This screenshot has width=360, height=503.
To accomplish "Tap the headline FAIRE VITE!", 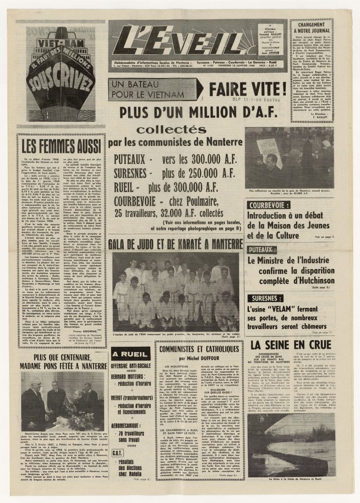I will click(247, 89).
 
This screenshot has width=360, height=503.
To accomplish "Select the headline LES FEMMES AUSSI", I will click(61, 145).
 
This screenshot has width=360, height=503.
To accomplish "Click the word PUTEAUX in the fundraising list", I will click(130, 160).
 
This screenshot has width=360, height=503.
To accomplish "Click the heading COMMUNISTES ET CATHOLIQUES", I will click(199, 350).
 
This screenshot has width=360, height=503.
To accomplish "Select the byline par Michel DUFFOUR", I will click(199, 359).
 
